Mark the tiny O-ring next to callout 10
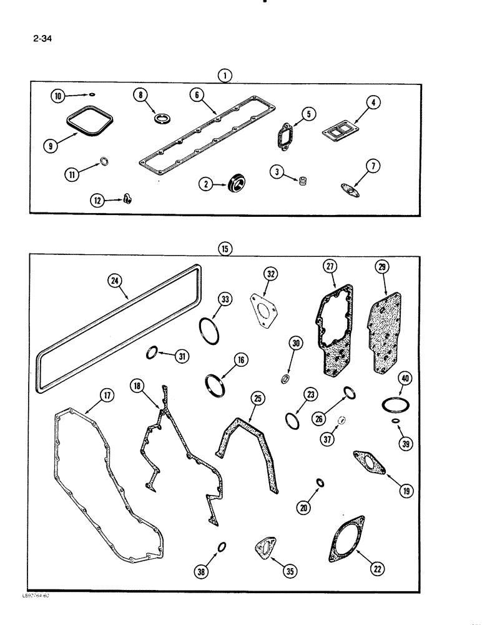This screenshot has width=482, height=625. tap(92, 96)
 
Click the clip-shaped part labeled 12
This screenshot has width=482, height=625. tap(129, 199)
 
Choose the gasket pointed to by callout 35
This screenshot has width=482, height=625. tap(263, 547)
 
